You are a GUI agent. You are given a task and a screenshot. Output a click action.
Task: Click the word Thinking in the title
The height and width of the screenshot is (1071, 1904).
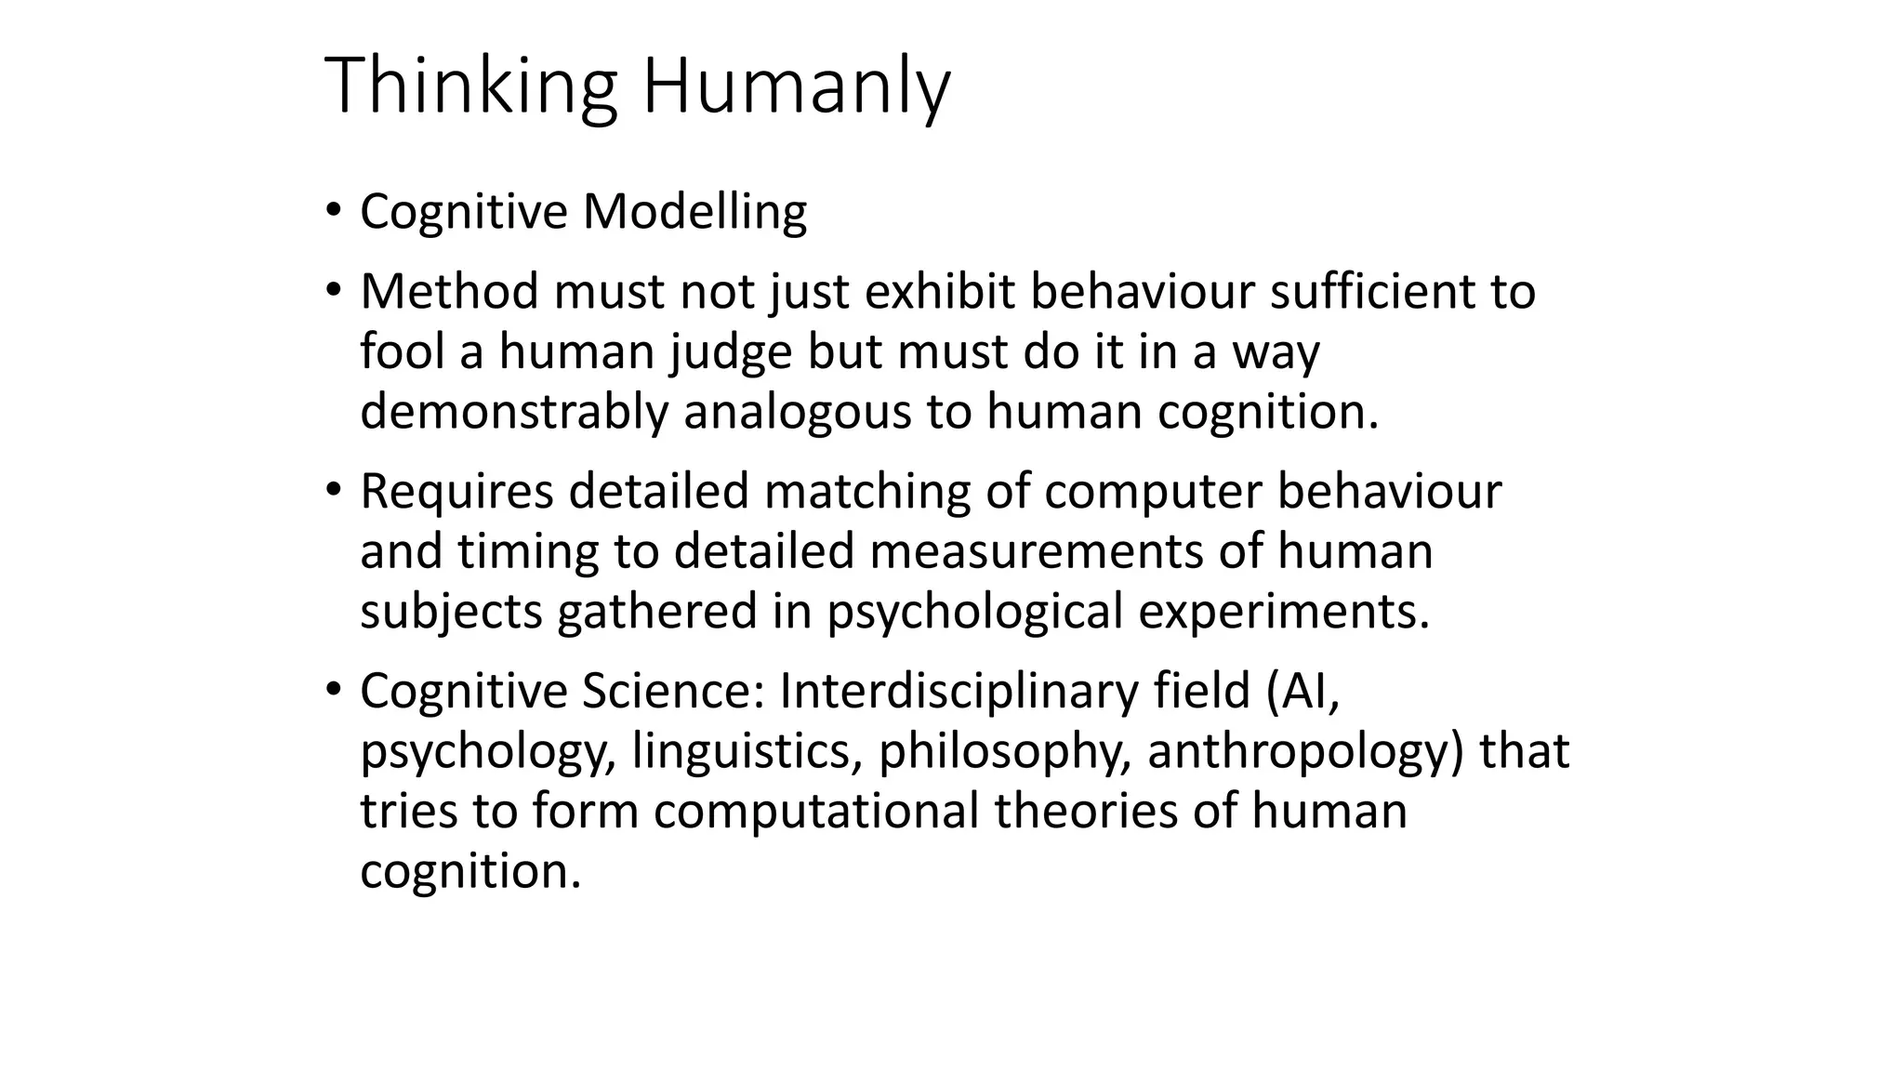470,86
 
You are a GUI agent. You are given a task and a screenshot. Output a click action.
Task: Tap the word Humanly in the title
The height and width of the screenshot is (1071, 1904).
796,86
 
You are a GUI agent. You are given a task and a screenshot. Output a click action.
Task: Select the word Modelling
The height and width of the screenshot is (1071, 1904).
694,212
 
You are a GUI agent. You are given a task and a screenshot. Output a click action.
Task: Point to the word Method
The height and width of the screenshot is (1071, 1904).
449,292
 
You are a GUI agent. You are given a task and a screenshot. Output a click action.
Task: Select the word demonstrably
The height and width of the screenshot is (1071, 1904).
514,413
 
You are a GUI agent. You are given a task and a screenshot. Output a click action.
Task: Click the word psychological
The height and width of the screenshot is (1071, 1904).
975,613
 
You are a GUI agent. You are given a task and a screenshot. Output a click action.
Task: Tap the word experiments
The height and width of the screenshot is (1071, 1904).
1283,613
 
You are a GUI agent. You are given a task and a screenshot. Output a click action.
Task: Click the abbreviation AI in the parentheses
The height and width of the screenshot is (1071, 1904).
1308,691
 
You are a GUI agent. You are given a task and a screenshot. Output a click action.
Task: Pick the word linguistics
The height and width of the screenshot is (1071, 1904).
747,752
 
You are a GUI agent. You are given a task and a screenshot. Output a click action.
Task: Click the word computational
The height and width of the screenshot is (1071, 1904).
816,811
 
